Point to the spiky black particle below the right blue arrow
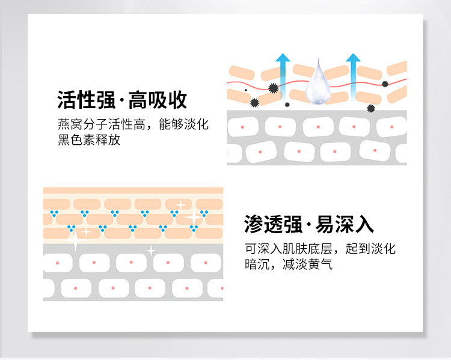pyautogui.click(x=370, y=108)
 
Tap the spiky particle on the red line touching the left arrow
pyautogui.click(x=274, y=88)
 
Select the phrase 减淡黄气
pyautogui.click(x=307, y=264)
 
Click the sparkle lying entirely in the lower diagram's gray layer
pyautogui.click(x=151, y=250)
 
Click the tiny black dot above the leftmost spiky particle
pyautogui.click(x=245, y=90)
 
